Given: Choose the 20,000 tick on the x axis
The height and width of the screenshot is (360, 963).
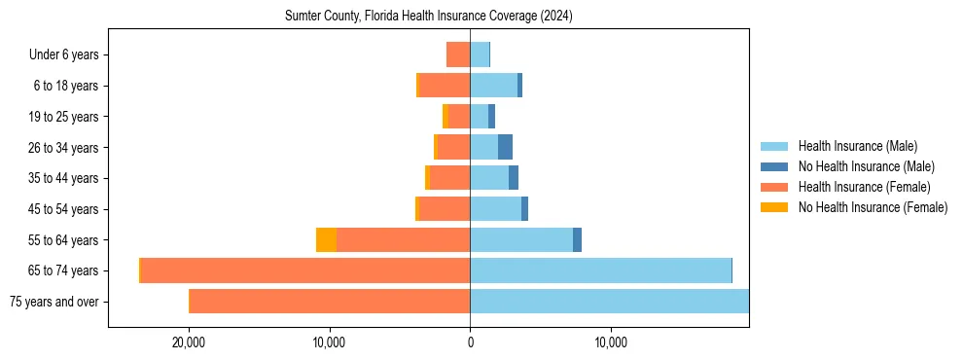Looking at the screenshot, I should click(189, 342).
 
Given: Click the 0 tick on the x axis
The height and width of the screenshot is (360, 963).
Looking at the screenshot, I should click(470, 342).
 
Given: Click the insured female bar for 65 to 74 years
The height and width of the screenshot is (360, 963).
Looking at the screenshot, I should click(305, 270).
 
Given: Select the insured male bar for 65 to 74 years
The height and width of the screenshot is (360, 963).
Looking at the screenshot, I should click(600, 270).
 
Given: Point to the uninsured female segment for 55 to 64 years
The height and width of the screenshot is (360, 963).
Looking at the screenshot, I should click(326, 240).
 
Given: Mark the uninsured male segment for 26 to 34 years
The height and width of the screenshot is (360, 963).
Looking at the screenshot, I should click(505, 148).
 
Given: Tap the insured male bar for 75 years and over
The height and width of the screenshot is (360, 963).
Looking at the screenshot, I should click(609, 302).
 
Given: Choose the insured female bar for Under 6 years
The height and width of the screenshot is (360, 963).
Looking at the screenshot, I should click(458, 54).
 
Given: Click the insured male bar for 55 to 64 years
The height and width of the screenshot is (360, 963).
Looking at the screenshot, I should click(521, 240).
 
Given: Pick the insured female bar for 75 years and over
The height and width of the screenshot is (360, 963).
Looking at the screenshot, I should click(330, 302).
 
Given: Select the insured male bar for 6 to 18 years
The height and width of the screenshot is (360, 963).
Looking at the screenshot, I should click(493, 86).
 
